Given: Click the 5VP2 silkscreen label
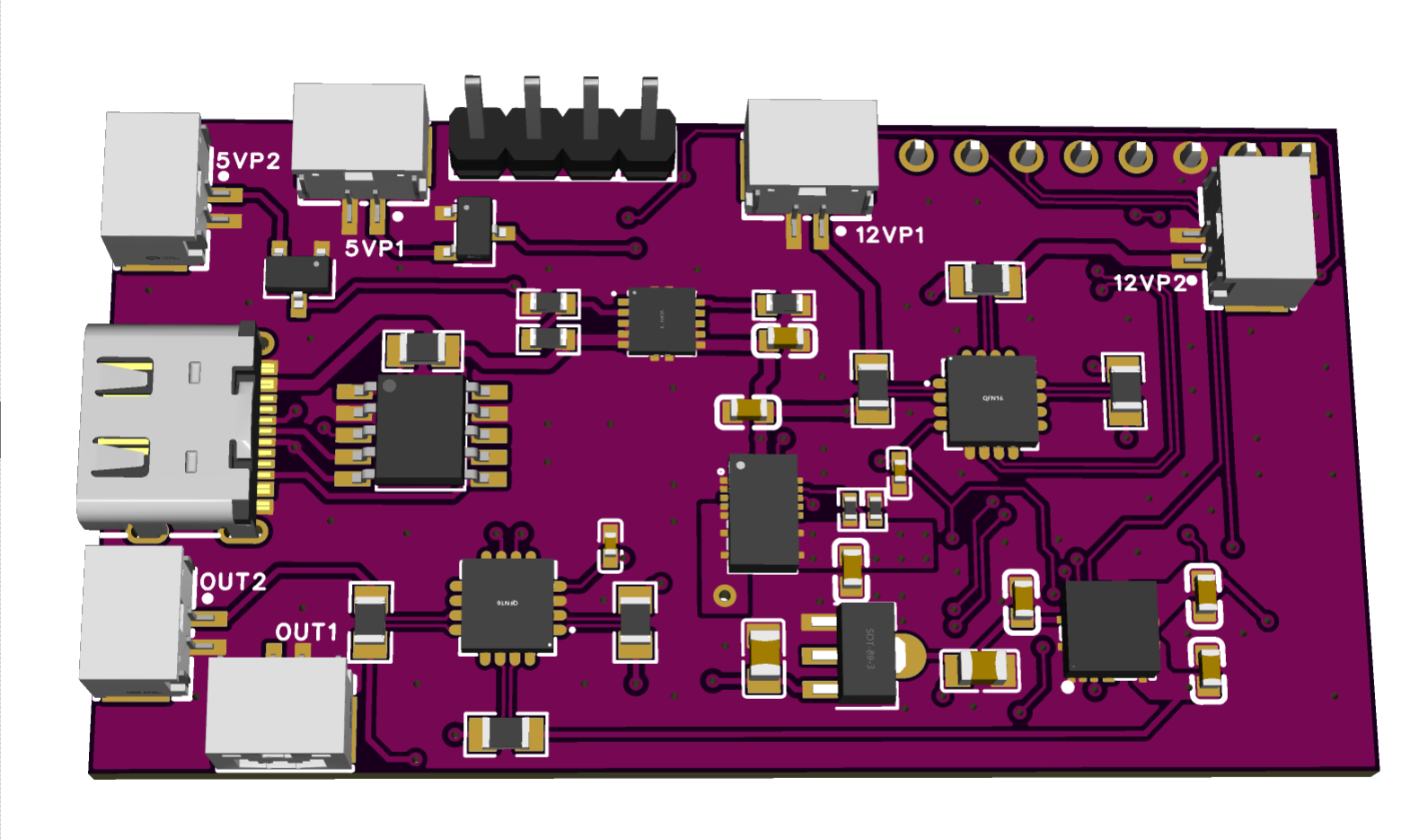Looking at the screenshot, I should click(248, 162).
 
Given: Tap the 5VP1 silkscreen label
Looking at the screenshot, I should click(375, 248).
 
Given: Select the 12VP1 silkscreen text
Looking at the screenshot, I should click(889, 235).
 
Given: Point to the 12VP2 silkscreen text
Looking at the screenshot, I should click(1149, 283).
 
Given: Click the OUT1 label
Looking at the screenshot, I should click(305, 632).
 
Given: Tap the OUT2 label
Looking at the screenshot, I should click(233, 582).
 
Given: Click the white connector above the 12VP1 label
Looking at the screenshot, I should click(812, 153).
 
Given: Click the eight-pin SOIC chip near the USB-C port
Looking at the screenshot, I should click(419, 432).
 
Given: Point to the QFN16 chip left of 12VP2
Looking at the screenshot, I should click(992, 399).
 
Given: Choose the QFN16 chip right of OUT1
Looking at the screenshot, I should click(507, 605).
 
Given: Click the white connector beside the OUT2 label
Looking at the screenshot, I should click(136, 620).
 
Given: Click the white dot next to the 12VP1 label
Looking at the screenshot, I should click(841, 232).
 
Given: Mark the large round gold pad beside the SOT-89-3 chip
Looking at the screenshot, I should click(909, 654).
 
